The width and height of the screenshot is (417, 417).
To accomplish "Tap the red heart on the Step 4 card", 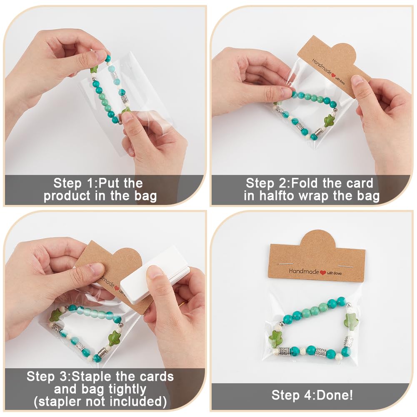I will (322, 272).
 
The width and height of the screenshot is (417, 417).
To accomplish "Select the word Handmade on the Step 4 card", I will (304, 271).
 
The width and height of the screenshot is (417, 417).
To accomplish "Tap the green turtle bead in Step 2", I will (329, 120).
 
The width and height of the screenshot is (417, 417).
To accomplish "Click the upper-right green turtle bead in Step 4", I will (351, 322).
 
